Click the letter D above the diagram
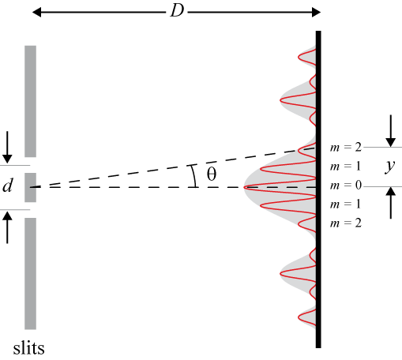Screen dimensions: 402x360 (x=177, y=11)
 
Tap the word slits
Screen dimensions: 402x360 (x=28, y=347)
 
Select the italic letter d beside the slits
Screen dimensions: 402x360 (x=8, y=185)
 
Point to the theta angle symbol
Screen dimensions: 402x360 (x=212, y=174)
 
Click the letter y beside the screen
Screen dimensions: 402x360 (x=389, y=167)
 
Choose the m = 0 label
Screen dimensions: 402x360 (x=346, y=186)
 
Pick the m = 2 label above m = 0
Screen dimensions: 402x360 (x=346, y=148)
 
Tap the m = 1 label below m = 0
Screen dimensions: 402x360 (x=345, y=204)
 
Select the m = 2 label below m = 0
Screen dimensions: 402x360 (x=346, y=223)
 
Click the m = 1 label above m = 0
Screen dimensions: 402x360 (x=345, y=167)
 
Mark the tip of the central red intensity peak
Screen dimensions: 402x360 (x=244, y=187)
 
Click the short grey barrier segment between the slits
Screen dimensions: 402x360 (x=30, y=187)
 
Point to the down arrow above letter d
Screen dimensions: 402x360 (x=7, y=147)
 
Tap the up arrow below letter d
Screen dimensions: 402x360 (x=7, y=228)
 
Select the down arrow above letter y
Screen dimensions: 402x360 (x=391, y=131)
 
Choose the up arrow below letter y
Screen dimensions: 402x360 (x=391, y=203)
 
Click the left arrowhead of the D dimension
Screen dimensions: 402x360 (x=36, y=12)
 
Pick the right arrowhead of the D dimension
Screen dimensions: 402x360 (x=316, y=12)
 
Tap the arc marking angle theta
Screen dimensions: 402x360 (x=194, y=176)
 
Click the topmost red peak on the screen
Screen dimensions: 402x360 (x=299, y=57)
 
